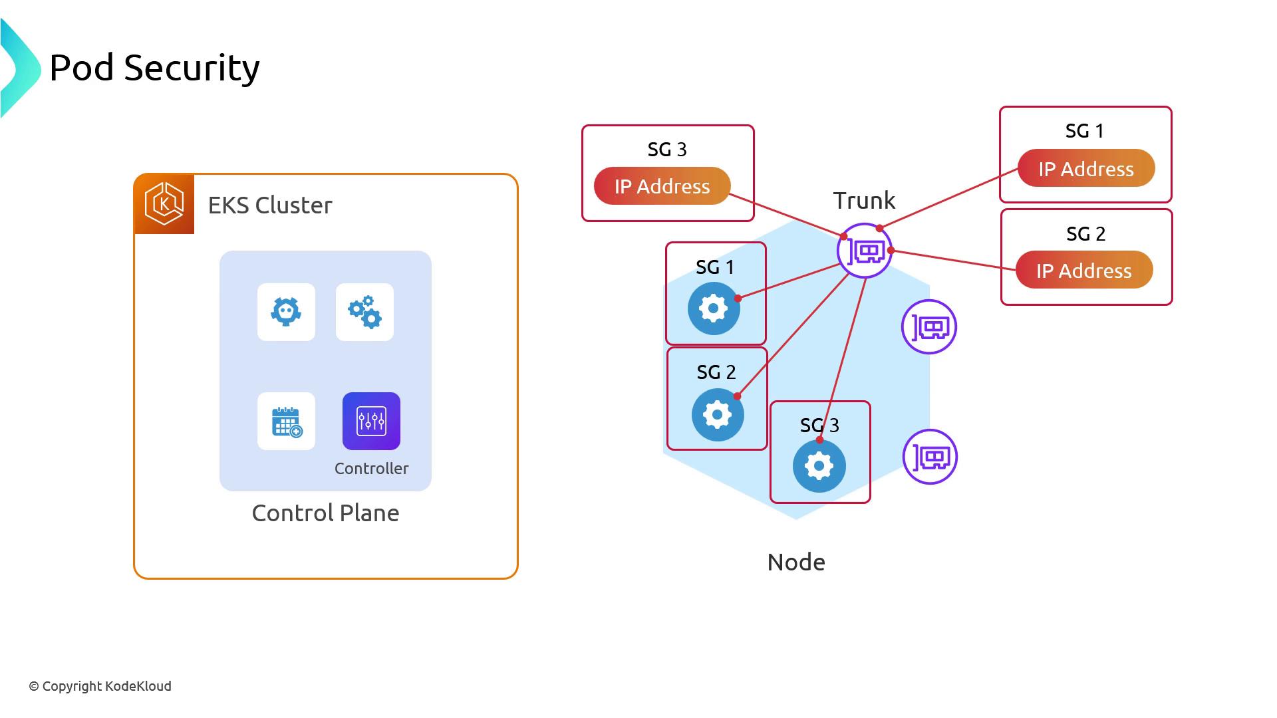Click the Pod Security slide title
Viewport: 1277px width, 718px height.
click(154, 68)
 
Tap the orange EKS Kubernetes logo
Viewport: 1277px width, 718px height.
click(164, 204)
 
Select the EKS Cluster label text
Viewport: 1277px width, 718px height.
click(270, 205)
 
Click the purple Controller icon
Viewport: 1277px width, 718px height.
click(371, 421)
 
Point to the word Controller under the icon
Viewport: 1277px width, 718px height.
click(371, 469)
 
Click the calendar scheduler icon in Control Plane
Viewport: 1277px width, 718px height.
click(287, 421)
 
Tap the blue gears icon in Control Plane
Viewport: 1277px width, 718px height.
click(364, 312)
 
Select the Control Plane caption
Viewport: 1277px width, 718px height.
click(325, 513)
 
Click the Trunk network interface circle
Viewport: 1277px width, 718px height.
click(865, 251)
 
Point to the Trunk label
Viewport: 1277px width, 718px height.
click(864, 201)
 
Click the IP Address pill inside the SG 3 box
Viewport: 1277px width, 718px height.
click(662, 186)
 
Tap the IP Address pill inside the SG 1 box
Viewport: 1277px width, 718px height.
click(1086, 169)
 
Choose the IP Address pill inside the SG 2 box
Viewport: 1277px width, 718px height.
click(1084, 271)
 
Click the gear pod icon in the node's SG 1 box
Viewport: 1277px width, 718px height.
click(714, 308)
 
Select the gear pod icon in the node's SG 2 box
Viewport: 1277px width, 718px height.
click(717, 415)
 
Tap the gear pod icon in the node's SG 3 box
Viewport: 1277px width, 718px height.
click(819, 466)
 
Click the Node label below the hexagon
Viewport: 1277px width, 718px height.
click(796, 562)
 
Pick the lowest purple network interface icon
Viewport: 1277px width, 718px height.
click(930, 457)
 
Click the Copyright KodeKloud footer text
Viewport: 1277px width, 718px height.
click(100, 686)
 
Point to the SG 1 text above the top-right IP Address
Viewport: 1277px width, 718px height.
click(1085, 131)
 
